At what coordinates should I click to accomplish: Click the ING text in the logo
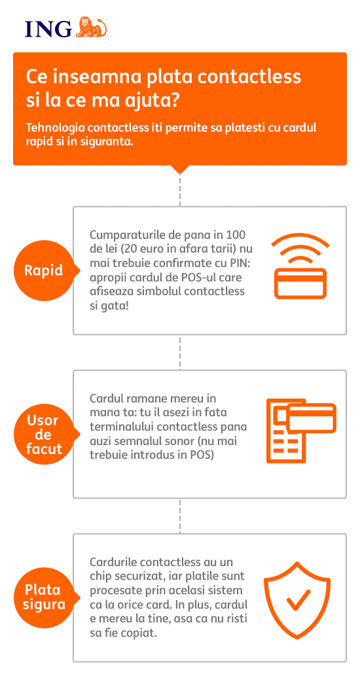click(x=48, y=29)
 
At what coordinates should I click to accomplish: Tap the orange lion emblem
click(x=91, y=27)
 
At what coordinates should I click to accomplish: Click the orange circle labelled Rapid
click(x=44, y=270)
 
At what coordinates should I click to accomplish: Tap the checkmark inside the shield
click(x=298, y=600)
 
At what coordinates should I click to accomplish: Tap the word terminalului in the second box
click(x=117, y=427)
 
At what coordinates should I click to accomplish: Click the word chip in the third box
click(x=99, y=577)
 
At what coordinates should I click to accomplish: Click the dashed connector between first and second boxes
click(x=180, y=352)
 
